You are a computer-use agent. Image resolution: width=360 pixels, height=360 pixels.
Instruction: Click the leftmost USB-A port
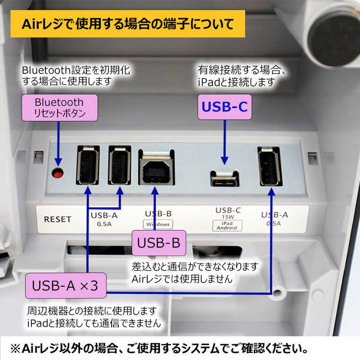click(88, 165)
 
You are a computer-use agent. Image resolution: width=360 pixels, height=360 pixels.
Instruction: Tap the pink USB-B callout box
click(158, 243)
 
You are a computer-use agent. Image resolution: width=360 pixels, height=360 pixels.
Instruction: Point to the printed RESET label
click(58, 219)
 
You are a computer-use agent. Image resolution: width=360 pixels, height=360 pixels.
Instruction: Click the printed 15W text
click(228, 216)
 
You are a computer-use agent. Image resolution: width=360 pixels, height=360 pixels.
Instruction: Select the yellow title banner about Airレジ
click(128, 23)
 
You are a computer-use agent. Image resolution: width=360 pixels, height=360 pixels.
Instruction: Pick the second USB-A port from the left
click(119, 165)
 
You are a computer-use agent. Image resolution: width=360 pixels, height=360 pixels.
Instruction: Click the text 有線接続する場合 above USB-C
click(242, 71)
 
